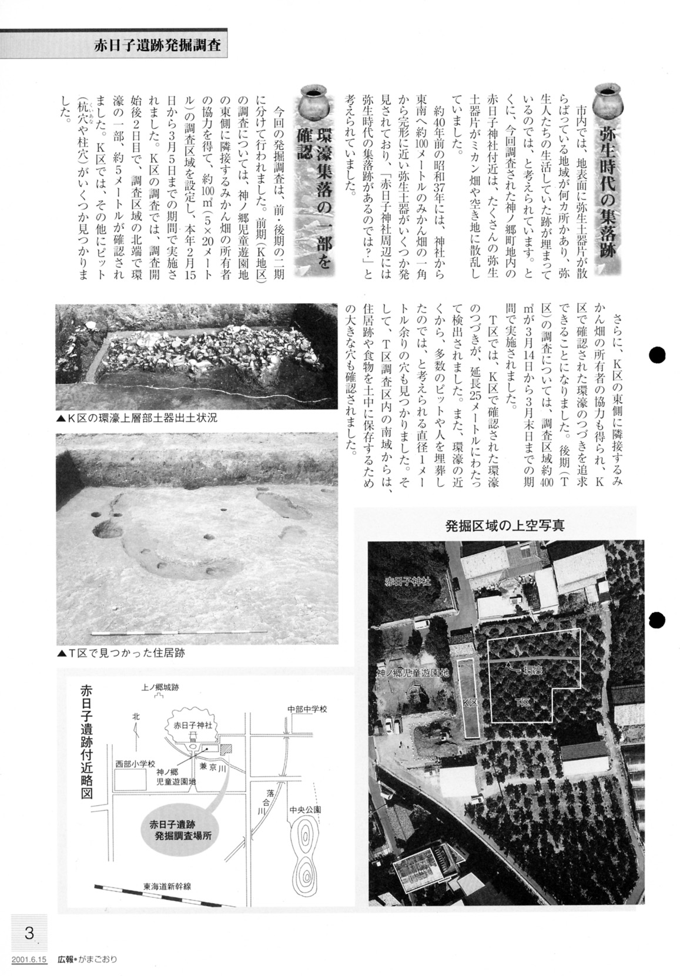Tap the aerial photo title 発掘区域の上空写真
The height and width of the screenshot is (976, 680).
[x=505, y=525]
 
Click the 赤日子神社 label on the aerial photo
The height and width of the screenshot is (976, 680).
[x=408, y=582]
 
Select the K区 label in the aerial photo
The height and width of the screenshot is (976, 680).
[x=469, y=701]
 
